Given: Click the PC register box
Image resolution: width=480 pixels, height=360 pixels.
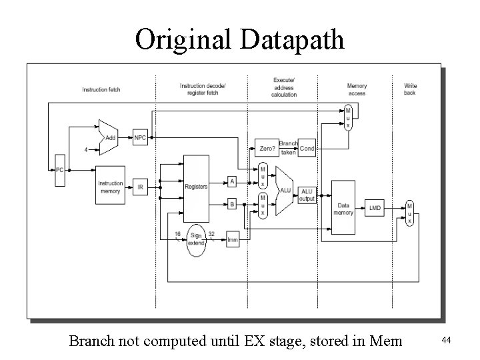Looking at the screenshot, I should [59, 169].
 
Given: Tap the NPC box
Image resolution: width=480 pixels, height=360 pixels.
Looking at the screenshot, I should [140, 138].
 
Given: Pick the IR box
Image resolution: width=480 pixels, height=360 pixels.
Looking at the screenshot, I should [140, 187].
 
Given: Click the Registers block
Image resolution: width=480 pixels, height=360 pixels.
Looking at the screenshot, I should [196, 187].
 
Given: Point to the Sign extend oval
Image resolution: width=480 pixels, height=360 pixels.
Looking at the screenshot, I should [196, 239].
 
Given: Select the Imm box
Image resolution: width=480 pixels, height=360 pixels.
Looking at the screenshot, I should [232, 239].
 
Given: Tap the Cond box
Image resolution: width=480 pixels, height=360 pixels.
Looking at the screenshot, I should [307, 148].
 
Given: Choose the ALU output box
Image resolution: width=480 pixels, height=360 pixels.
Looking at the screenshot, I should [307, 195].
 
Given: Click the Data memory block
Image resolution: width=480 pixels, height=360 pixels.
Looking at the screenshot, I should [343, 208].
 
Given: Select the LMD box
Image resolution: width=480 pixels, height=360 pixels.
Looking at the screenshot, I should [376, 208].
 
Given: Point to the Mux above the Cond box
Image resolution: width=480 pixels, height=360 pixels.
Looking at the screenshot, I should [347, 117].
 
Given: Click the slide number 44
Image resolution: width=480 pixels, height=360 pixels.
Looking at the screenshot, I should [447, 341].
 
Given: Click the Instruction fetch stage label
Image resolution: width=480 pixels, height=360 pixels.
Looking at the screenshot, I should [101, 89].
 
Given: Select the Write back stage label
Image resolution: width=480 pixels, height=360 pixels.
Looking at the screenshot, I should [410, 89].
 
